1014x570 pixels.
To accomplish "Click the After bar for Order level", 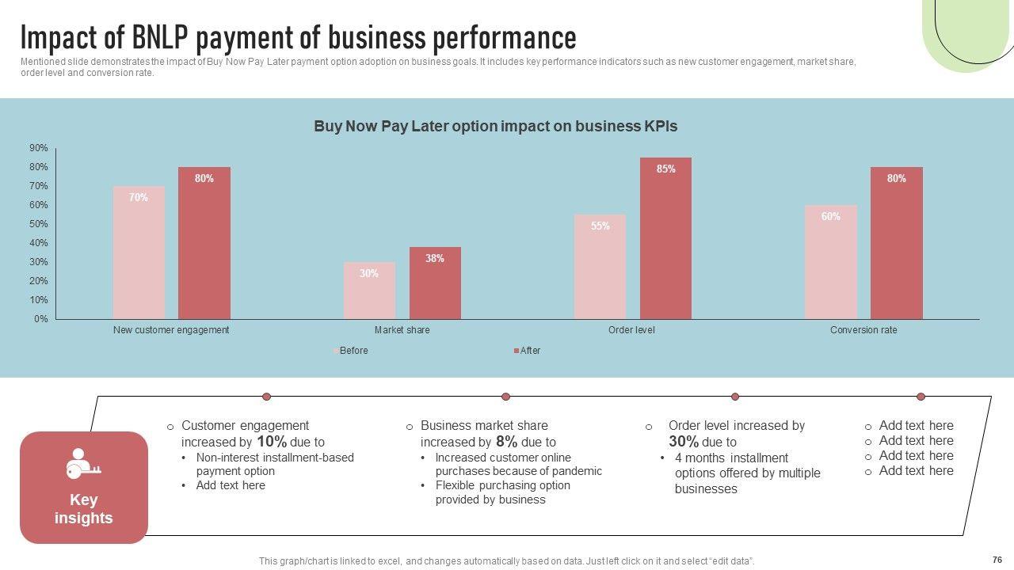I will (665, 238).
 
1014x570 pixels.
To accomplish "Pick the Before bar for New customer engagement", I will (139, 253).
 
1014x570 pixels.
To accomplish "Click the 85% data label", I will (665, 169).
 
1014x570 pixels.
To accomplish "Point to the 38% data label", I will (434, 259).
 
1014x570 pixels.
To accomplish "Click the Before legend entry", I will (353, 351).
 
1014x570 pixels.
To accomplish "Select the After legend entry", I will (529, 351).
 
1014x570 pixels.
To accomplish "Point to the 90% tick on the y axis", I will (39, 148).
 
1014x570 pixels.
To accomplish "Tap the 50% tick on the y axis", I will (39, 224).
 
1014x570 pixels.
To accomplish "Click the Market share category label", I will (402, 330).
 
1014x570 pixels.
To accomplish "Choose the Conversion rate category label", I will (863, 330).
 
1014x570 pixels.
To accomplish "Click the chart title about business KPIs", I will (495, 126).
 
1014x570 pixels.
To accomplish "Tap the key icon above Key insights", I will (83, 465).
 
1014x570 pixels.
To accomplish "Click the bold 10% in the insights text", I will (272, 442).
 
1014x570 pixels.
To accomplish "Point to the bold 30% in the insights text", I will (683, 442).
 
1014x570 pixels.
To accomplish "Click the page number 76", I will (997, 559).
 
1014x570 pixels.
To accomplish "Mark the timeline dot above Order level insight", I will (735, 397).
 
